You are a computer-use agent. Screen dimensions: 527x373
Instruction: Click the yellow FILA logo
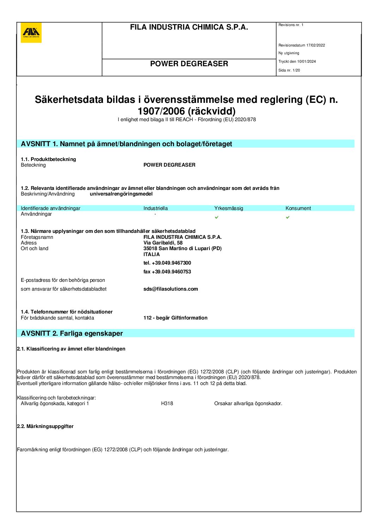coord(31,33)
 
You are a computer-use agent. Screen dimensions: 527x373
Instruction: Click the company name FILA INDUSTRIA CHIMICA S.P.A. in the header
coord(189,27)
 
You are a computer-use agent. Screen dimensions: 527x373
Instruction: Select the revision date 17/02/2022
coord(316,45)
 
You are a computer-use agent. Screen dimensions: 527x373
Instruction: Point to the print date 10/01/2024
coord(306,61)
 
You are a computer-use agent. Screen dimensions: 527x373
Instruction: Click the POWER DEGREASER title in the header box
coord(189,64)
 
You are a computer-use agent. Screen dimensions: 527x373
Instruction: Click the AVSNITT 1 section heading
coord(126,144)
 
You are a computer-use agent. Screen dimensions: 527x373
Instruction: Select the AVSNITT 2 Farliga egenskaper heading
coord(72,333)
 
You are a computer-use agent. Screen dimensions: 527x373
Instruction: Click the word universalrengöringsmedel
coord(121,194)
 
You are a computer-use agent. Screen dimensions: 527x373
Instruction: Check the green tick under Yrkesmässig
coord(216,217)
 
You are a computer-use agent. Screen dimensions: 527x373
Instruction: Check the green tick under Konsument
coord(288,217)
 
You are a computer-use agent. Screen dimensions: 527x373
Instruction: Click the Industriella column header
coord(155,208)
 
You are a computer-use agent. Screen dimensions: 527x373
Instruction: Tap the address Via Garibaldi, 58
coord(163,243)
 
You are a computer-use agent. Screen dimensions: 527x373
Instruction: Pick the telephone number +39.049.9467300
coord(171,263)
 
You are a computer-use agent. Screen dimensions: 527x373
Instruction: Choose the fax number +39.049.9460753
coord(171,272)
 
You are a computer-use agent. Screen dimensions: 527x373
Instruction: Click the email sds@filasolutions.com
coord(171,289)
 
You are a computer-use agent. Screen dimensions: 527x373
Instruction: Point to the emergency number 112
coord(147,318)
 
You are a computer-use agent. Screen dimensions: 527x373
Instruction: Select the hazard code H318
coord(167,403)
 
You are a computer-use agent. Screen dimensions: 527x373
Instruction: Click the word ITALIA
coord(152,254)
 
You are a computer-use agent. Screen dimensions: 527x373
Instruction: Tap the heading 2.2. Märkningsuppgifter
coord(45,426)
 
